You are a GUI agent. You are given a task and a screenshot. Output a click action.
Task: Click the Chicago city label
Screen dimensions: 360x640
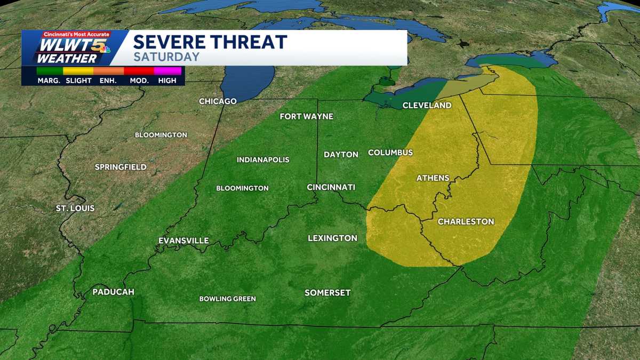218,101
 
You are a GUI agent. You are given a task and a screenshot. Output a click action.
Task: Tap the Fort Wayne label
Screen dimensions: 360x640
307,116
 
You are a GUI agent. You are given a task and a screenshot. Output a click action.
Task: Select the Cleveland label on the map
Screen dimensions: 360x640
427,106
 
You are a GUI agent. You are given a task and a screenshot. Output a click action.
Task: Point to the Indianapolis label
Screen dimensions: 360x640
263,160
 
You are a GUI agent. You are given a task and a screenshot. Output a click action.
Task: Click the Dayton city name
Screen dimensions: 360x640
341,155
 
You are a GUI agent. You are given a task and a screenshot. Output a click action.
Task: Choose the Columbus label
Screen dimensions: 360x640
390,153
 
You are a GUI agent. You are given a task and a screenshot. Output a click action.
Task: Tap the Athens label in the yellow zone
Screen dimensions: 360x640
433,178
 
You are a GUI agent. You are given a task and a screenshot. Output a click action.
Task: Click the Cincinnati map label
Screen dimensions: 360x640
331,187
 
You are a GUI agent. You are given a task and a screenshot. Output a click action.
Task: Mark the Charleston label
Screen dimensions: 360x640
466,221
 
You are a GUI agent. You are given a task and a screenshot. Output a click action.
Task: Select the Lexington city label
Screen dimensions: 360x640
332,238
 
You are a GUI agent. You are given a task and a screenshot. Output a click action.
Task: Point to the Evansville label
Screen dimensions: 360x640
183,241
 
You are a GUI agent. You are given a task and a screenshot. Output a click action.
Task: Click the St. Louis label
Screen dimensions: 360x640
75,208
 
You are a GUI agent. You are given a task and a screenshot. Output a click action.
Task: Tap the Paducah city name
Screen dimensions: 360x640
113,292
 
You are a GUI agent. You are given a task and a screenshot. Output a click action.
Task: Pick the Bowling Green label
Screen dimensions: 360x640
227,299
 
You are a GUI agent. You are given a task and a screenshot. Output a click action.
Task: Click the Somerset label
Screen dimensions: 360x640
327,293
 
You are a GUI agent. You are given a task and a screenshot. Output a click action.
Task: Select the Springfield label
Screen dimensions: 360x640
121,167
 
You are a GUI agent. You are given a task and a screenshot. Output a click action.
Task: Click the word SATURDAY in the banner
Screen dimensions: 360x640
166,57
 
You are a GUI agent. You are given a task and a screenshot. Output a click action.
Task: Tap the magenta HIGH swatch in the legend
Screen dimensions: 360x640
167,70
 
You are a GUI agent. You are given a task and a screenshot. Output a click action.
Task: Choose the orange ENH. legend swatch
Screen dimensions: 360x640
108,70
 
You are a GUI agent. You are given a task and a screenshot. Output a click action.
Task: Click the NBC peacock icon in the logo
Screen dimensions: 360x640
106,50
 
